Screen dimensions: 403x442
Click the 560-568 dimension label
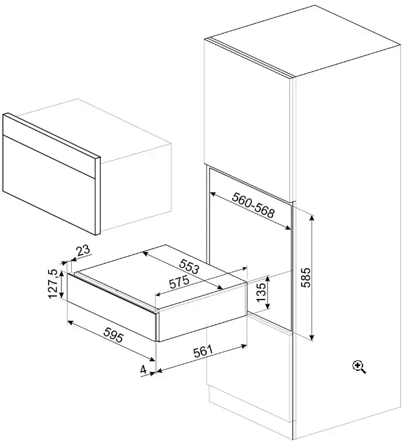[x=252, y=206]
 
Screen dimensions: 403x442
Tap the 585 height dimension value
[x=306, y=277]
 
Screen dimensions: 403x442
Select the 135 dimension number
[x=261, y=292]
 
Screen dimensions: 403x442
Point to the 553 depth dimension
[x=189, y=266]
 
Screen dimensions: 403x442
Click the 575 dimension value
[x=179, y=282]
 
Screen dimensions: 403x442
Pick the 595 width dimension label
[x=113, y=335]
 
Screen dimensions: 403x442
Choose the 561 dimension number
[x=203, y=351]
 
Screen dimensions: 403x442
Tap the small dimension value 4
[x=144, y=369]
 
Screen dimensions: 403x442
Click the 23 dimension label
[x=83, y=250]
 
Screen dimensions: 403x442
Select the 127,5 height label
[x=53, y=284]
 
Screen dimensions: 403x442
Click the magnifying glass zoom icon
[x=359, y=367]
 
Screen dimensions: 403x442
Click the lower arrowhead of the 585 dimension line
[x=312, y=337]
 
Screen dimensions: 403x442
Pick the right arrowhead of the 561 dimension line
[x=244, y=345]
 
